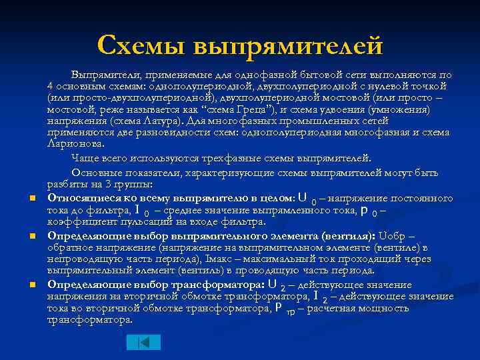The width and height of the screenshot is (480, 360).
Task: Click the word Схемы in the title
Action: click(141, 45)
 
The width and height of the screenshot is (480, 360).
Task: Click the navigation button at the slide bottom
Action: click(143, 342)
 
